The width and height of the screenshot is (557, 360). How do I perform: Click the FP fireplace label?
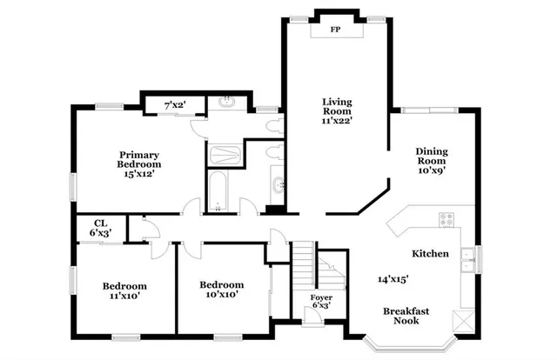click(335, 29)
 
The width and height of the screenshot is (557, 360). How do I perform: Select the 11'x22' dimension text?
click(335, 122)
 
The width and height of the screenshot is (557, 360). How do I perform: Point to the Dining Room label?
click(431, 156)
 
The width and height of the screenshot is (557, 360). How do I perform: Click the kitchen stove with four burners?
click(448, 219)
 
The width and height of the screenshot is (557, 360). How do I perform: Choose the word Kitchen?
click(430, 254)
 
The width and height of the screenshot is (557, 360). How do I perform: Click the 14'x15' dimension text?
click(393, 280)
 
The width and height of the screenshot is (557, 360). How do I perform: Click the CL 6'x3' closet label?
click(101, 228)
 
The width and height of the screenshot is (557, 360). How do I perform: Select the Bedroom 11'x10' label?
click(124, 291)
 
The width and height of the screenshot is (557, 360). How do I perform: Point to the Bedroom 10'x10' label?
click(221, 290)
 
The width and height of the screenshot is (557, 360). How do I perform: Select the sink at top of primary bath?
click(228, 102)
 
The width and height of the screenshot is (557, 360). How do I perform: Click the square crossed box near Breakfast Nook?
click(466, 319)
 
